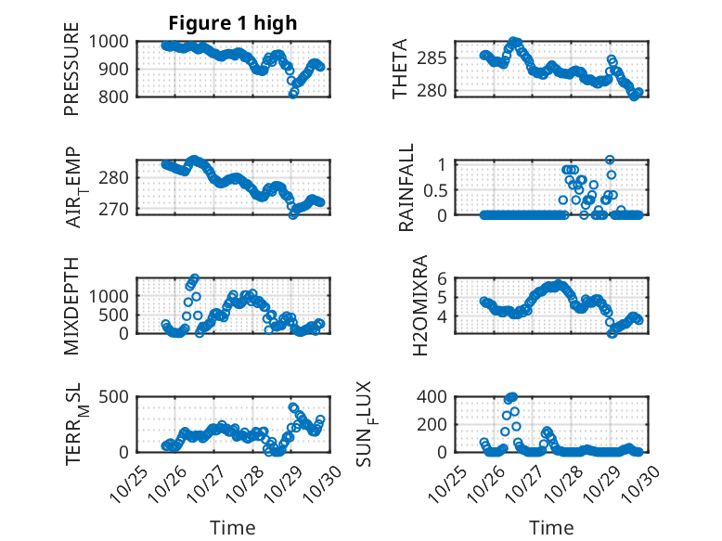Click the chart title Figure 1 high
(x=232, y=23)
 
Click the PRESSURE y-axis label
(x=71, y=69)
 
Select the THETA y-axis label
(x=400, y=69)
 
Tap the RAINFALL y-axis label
(x=406, y=187)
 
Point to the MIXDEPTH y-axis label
(x=71, y=305)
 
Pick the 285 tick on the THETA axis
(x=437, y=58)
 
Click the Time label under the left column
(x=232, y=528)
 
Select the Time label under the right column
(x=551, y=528)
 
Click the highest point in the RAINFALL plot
(x=610, y=160)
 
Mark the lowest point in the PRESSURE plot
(x=293, y=94)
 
